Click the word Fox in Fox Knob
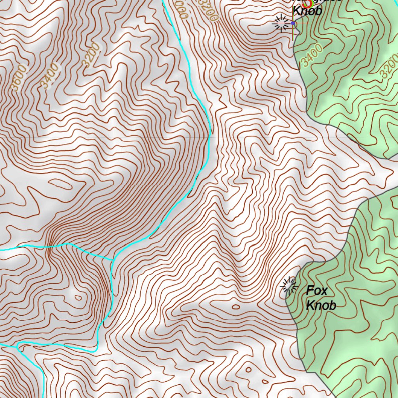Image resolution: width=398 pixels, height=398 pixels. point(317,290)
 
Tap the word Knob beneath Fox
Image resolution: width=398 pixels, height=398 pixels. point(321,305)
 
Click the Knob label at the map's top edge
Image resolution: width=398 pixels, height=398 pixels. point(307,10)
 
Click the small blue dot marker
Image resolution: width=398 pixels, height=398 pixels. point(293,23)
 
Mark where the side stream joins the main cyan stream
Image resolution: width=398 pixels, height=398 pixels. point(113,259)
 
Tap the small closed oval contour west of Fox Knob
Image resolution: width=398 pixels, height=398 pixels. point(236,307)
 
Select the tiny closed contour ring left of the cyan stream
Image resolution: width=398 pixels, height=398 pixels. point(79,298)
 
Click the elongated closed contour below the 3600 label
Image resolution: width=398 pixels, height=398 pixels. point(60,184)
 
